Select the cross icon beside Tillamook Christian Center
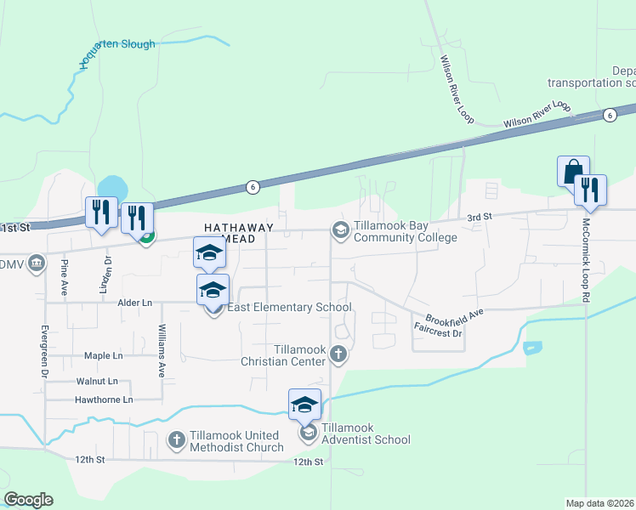click(338, 354)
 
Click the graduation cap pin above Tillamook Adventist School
click(304, 405)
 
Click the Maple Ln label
click(104, 355)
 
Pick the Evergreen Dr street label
click(43, 350)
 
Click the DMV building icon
click(36, 263)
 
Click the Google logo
click(28, 500)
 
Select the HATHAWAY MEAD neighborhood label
click(239, 234)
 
